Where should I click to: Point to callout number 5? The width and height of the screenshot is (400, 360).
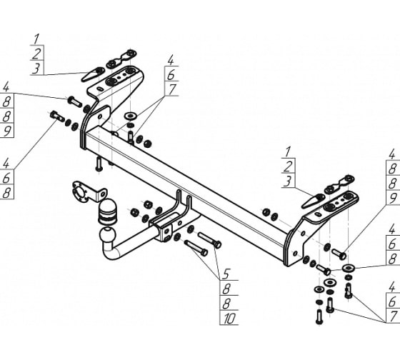pos(226,273)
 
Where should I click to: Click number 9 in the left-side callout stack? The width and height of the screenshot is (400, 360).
pos(7,131)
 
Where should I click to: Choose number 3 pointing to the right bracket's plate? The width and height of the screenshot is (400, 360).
pos(287,183)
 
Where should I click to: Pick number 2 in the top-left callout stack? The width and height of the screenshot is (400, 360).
pos(36,52)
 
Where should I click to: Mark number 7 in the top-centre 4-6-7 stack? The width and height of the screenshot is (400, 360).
pos(171,90)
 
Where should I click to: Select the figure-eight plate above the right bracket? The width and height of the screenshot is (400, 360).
pos(341,181)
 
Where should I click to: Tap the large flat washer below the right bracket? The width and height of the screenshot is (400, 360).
pos(349,270)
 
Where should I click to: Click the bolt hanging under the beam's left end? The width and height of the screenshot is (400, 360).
pos(98,165)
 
